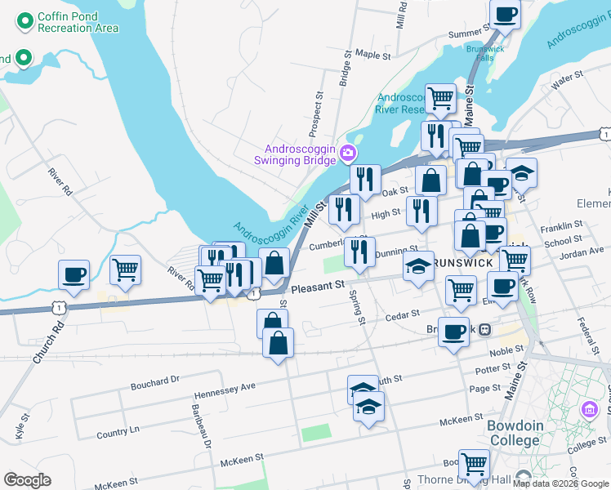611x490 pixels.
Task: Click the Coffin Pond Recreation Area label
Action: point(78,23)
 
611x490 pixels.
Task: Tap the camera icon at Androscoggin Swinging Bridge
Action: point(349,153)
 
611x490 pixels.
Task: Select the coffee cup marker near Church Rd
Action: point(74,274)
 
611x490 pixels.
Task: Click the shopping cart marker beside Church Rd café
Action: point(125,269)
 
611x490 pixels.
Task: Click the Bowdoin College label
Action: point(514,433)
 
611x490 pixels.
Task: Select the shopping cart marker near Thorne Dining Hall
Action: point(474,464)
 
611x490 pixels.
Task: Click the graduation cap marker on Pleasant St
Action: point(418,265)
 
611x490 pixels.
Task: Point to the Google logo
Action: point(27,480)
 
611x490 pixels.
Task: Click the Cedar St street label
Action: point(402,313)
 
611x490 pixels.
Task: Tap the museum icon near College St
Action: point(589,409)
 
